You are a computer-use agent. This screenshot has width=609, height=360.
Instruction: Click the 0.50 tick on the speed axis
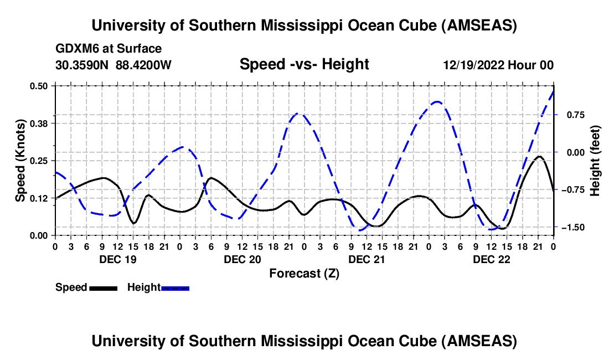pos(39,85)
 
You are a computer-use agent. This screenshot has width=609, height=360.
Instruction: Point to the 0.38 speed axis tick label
pos(39,123)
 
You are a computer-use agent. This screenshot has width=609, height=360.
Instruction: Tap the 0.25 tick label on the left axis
pos(39,161)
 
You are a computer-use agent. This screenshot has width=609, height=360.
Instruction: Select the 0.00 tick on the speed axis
pos(39,235)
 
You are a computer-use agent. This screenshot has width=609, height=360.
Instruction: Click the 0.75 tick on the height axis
pos(571,115)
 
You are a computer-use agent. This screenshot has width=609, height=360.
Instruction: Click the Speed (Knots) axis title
pos(20,161)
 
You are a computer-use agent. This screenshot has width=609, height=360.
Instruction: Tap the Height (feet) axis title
pos(595,161)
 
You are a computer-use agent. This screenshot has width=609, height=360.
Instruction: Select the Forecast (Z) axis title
pos(304,273)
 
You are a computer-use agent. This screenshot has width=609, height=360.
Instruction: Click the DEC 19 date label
pos(117,259)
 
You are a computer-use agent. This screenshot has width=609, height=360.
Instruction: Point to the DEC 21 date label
pos(366,259)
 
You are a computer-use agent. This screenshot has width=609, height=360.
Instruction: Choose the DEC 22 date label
pos(491,259)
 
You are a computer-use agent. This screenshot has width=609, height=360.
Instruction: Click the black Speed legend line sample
pos(103,287)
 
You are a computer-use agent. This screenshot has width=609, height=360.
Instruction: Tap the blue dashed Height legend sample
pos(175,287)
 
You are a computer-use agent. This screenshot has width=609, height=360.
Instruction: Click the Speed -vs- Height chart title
pos(304,64)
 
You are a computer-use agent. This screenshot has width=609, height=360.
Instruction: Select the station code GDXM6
pos(75,49)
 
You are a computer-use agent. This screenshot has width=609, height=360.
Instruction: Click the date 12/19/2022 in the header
pos(473,65)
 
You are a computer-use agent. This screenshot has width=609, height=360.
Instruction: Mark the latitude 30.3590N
pos(82,65)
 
